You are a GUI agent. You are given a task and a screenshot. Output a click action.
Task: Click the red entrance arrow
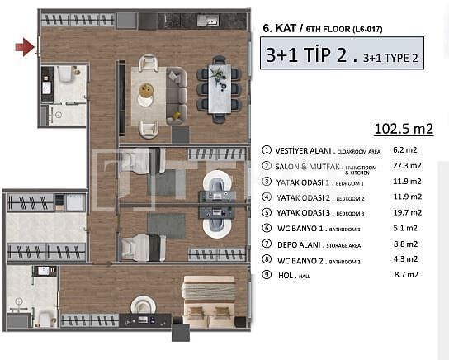tap(25, 48)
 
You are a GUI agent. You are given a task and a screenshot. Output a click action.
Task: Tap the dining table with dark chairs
tap(220, 88)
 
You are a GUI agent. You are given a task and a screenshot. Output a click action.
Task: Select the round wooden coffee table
tap(147, 90)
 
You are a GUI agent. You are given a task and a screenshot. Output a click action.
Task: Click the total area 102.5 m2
tap(403, 130)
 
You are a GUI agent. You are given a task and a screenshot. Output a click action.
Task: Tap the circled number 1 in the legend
tap(267, 150)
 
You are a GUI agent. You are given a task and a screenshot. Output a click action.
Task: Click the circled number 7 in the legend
tap(267, 244)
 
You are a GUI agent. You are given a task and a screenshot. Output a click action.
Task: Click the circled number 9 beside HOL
tap(267, 276)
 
